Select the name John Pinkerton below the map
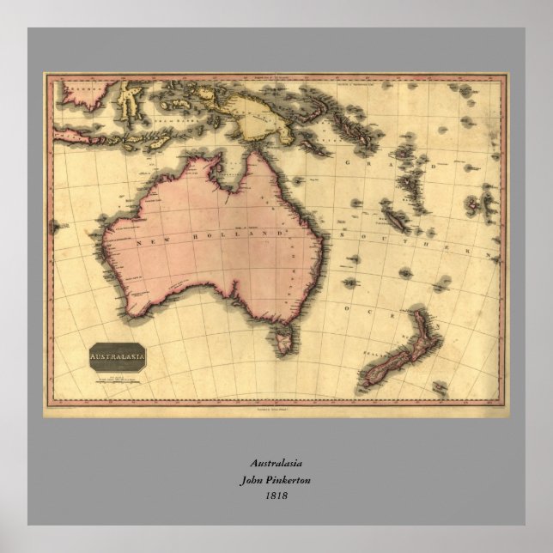coord(276,480)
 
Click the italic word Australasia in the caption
coord(276,464)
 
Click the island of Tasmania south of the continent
coord(279,337)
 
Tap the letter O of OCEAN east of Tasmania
coord(345,307)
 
